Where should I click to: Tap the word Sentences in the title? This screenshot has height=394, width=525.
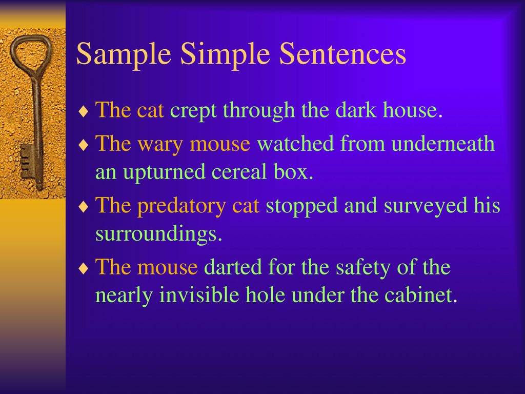click(342, 53)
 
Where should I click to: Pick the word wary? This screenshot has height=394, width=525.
click(160, 145)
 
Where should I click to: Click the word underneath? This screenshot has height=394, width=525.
click(443, 143)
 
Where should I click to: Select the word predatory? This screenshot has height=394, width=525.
click(181, 206)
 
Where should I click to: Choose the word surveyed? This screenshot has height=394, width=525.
click(425, 206)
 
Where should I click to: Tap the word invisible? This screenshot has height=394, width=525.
click(199, 295)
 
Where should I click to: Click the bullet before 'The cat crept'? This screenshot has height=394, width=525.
click(84, 111)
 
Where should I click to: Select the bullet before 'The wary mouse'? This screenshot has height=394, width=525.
click(84, 145)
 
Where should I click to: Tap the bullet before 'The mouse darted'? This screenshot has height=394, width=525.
click(84, 268)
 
